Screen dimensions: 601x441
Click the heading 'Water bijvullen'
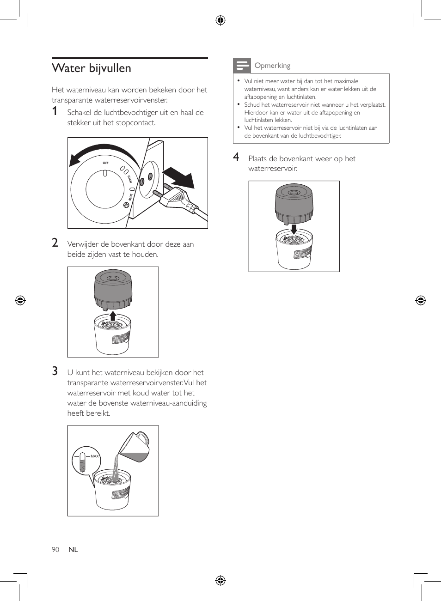[92, 68]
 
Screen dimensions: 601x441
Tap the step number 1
[55, 111]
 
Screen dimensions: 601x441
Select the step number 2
[55, 243]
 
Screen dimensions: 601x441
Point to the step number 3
[55, 371]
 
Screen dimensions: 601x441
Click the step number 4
[236, 158]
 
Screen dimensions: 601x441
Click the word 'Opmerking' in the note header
[272, 66]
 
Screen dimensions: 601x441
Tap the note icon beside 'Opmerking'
[242, 66]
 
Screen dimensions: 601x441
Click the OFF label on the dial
[105, 163]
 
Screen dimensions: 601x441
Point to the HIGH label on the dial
[129, 179]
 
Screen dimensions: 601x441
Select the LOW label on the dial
[131, 197]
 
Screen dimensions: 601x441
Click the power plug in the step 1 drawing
[176, 197]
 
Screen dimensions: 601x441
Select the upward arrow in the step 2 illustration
[113, 316]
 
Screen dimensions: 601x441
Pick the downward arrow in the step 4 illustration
[294, 230]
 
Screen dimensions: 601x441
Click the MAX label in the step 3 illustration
[94, 456]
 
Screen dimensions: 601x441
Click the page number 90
[55, 550]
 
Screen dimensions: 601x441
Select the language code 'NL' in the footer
[73, 550]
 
